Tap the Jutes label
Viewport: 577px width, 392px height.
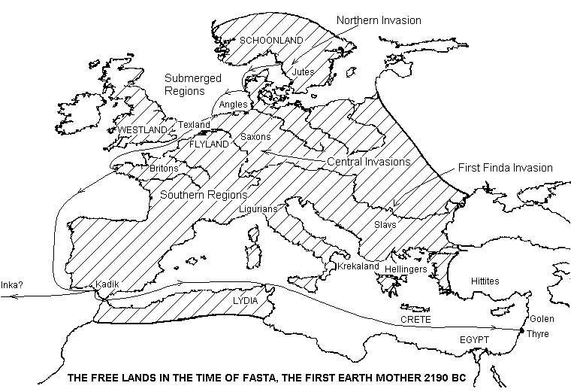tap(303, 71)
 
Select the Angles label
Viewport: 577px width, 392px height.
tap(233, 104)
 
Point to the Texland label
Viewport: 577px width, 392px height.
tap(194, 124)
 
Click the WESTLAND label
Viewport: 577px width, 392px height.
tap(142, 130)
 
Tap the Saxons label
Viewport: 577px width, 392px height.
tap(255, 137)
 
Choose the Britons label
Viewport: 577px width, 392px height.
tap(164, 169)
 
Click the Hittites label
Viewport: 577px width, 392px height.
tap(485, 280)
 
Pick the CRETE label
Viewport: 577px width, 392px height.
tap(415, 321)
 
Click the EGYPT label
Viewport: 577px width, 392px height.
tap(474, 341)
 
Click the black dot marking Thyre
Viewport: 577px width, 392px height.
tap(522, 330)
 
